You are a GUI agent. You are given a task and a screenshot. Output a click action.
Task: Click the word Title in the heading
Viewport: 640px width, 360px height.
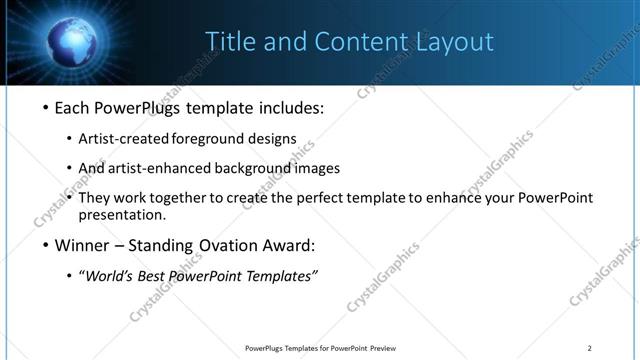(x=227, y=41)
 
